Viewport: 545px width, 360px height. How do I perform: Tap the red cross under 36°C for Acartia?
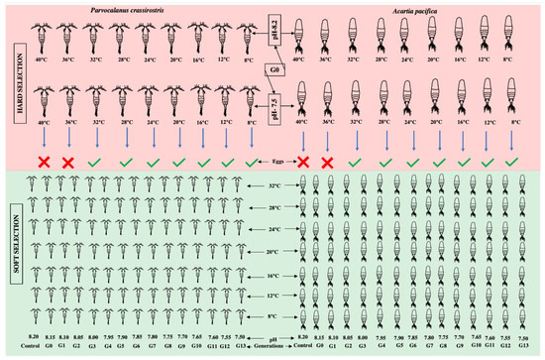click(x=330, y=159)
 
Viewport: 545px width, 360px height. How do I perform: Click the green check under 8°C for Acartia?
click(x=511, y=159)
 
